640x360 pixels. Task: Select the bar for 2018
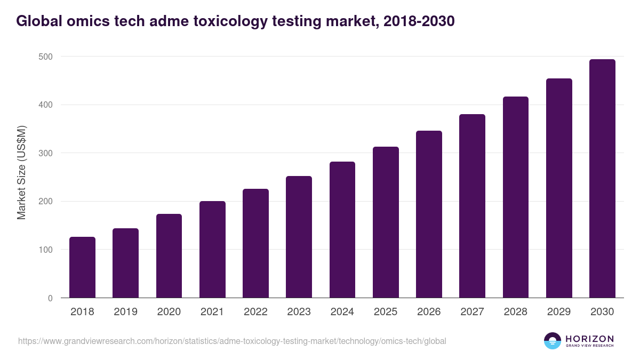click(x=82, y=267)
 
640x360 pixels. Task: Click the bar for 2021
click(x=212, y=250)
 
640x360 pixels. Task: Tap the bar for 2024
click(x=342, y=229)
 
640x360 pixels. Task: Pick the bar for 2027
click(x=472, y=206)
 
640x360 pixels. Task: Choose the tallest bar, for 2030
click(x=602, y=179)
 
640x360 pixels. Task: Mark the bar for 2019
click(x=125, y=263)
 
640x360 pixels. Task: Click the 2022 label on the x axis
click(x=255, y=312)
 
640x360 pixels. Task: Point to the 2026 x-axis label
click(x=429, y=312)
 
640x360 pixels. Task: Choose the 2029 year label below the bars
click(x=559, y=312)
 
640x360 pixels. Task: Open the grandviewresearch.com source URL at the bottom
click(x=232, y=341)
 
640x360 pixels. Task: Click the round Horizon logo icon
click(x=553, y=341)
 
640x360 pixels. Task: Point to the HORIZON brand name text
click(x=589, y=339)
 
